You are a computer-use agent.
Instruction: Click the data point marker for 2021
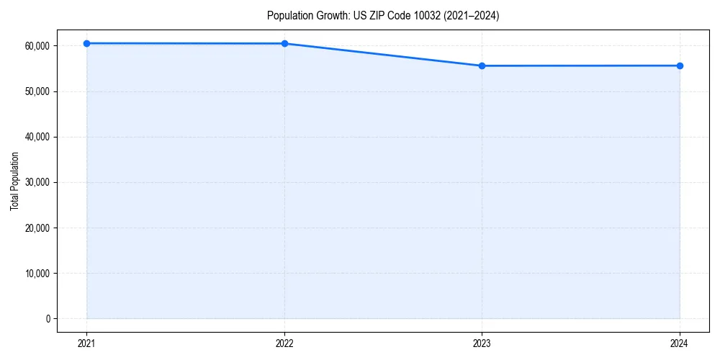click(86, 43)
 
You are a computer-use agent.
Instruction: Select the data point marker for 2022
click(284, 43)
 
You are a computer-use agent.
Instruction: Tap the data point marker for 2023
click(482, 66)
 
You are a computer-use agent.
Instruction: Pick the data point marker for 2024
click(680, 66)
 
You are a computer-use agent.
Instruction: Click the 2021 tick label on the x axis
click(86, 343)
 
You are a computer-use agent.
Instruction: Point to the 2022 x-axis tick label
click(284, 343)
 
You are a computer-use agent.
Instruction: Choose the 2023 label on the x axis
click(482, 343)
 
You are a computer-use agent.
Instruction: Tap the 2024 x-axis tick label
click(680, 343)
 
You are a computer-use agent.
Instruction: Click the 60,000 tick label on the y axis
click(36, 45)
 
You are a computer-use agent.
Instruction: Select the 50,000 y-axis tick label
click(36, 91)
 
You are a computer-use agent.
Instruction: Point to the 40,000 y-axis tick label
click(36, 137)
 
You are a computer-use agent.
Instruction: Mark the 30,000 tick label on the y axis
click(36, 182)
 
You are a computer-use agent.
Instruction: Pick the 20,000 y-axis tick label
click(36, 228)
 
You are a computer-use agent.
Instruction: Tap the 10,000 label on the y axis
click(36, 274)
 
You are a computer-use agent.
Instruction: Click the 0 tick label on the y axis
click(48, 319)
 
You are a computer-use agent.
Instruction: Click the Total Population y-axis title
click(14, 181)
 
